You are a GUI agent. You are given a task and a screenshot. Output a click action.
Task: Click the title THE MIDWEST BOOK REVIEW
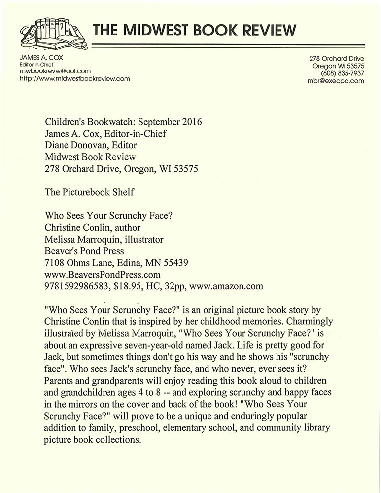point(195,30)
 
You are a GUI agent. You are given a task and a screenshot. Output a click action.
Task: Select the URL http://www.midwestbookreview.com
point(74,78)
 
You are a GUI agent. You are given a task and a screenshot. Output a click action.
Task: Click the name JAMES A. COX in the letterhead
point(38,58)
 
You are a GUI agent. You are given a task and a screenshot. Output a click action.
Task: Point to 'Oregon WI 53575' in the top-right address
point(338,66)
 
